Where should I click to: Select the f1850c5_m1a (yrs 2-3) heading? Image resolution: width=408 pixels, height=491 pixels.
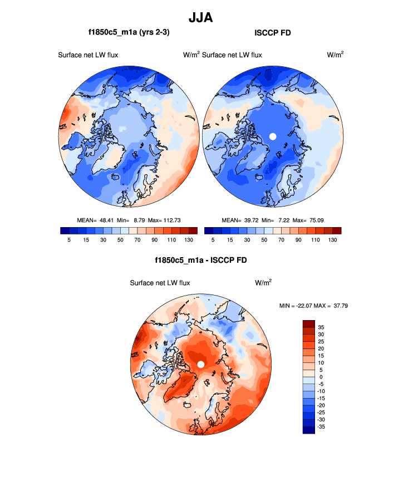click(129, 33)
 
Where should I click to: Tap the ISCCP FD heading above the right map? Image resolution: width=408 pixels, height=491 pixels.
click(273, 33)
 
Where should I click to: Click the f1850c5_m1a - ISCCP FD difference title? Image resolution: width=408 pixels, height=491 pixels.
click(201, 260)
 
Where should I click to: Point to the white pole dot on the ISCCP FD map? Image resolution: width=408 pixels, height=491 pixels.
click(273, 136)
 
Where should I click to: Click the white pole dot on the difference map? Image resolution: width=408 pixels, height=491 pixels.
click(201, 364)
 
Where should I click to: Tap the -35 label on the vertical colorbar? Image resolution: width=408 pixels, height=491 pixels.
click(321, 426)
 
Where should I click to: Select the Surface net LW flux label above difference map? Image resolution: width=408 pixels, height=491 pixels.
click(160, 283)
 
